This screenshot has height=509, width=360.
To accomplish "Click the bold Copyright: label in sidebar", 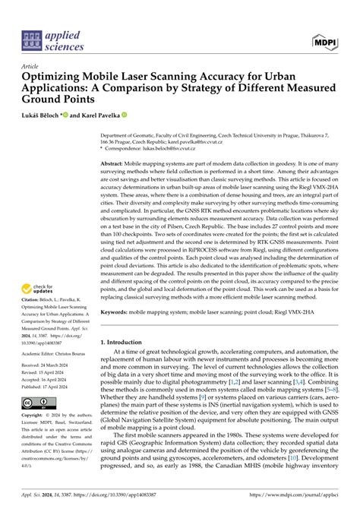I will coord(35,417).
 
